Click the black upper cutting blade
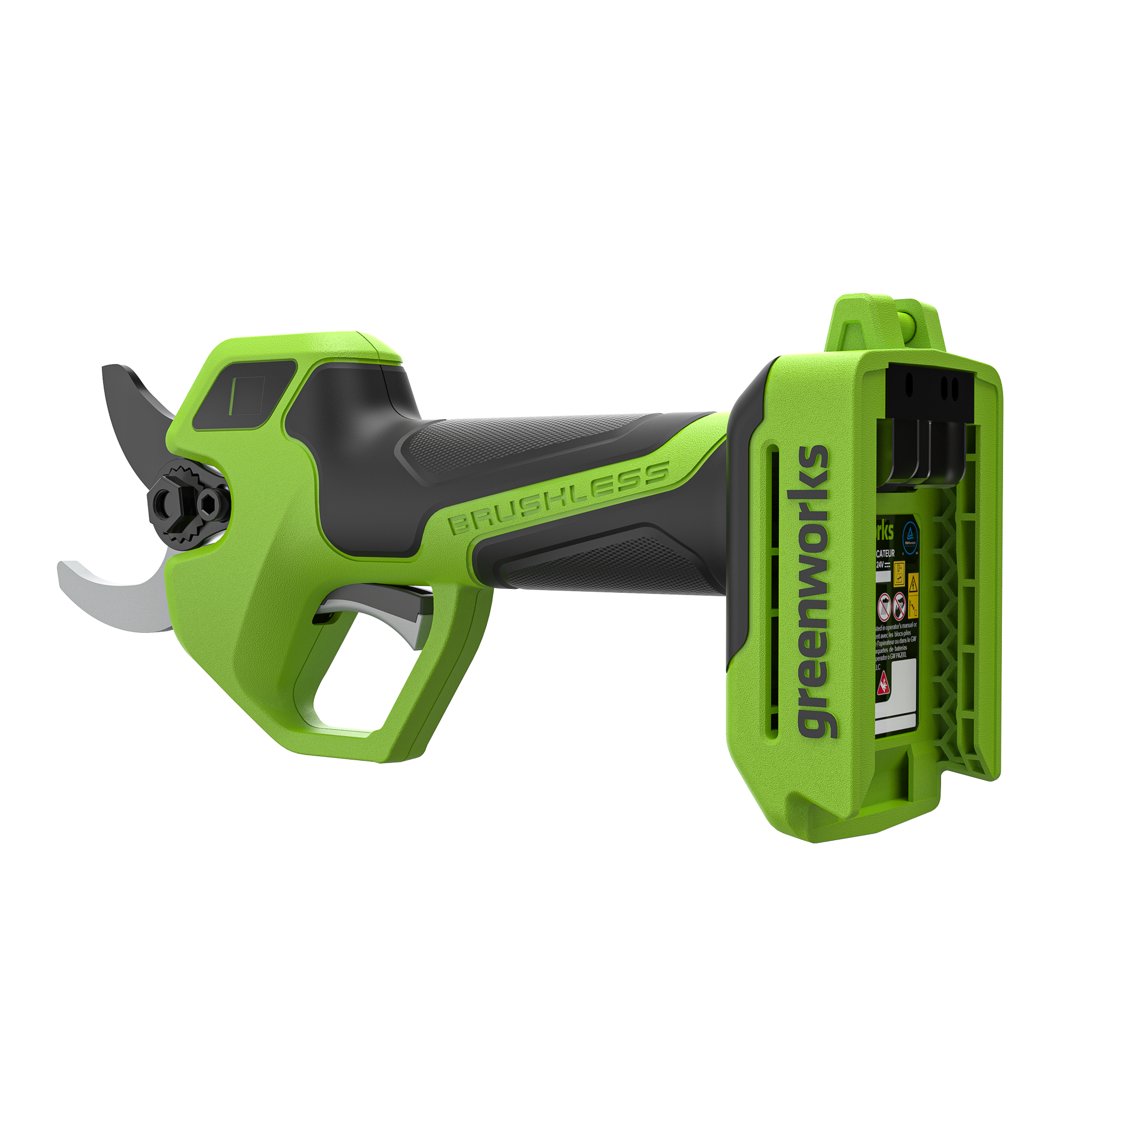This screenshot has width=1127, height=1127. [x=131, y=409]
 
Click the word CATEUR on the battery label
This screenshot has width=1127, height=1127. [x=884, y=553]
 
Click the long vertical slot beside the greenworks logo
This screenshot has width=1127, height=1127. [x=774, y=589]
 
